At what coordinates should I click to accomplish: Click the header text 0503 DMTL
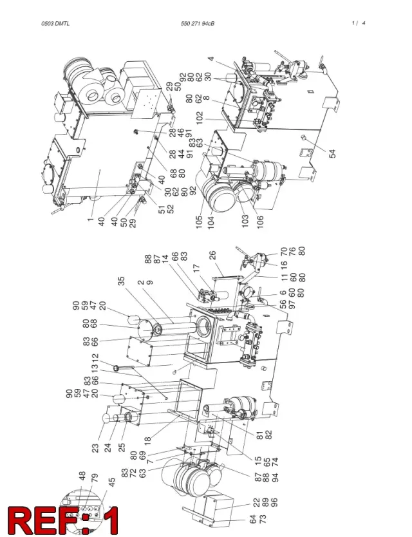point(55,24)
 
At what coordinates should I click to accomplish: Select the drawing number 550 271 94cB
point(198,24)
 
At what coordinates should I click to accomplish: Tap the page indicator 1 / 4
point(358,23)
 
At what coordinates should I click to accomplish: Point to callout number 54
point(333,154)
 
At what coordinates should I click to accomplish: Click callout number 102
point(200,118)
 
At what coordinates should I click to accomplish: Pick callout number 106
point(260,223)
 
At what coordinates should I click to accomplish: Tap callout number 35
point(121,281)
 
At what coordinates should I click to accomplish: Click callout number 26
point(212,256)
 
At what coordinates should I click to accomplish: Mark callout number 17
point(196,268)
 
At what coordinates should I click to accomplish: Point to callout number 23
point(95,448)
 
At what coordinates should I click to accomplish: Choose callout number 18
point(147,440)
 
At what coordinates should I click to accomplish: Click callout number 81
point(259,435)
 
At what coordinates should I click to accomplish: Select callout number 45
point(112,482)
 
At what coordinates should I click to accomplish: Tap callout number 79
point(95,478)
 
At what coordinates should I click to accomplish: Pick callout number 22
point(256,502)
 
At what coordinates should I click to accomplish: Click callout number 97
point(292,305)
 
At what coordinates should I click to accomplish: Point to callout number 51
point(162,209)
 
